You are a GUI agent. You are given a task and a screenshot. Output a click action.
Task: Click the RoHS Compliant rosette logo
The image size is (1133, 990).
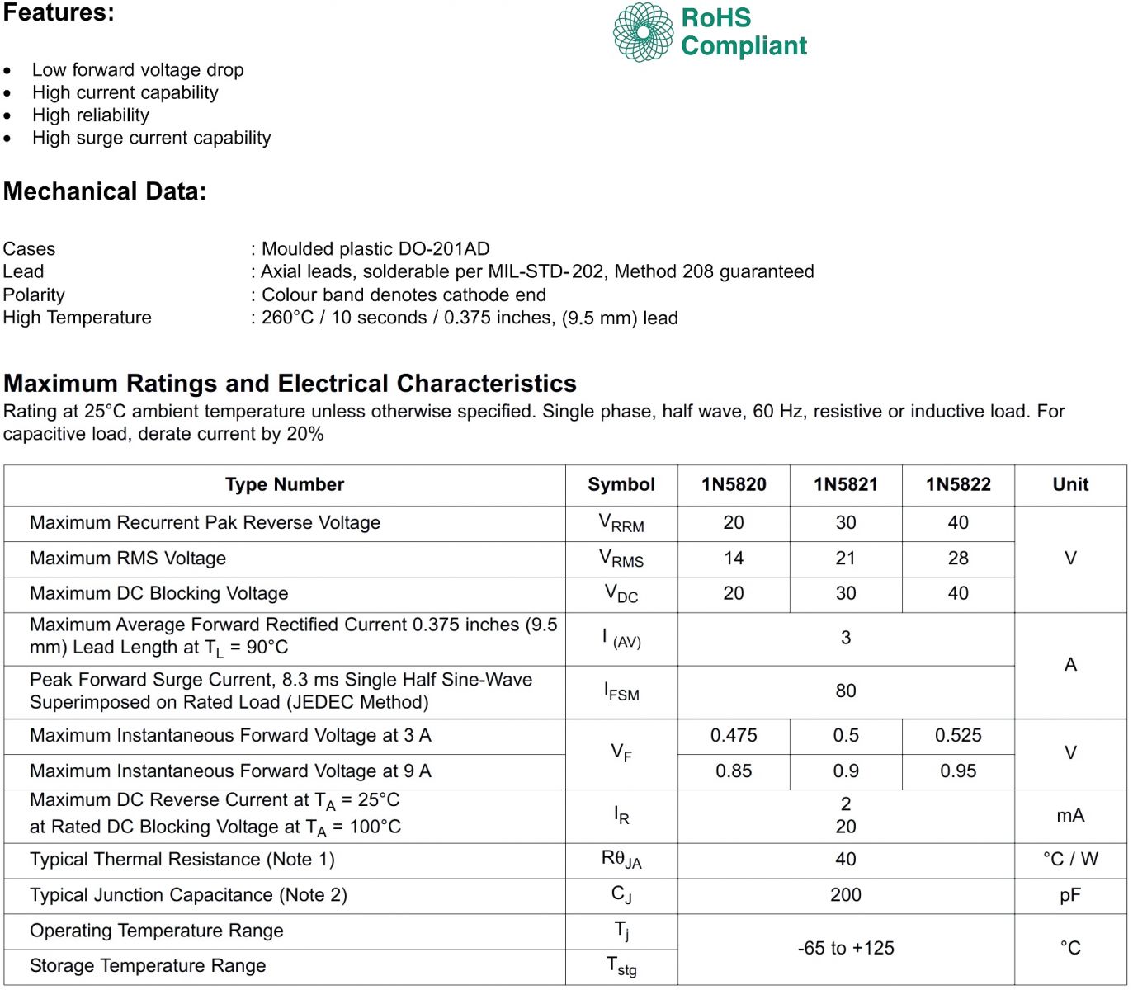[x=643, y=32]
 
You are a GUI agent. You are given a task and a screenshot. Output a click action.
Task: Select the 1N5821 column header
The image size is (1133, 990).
[x=846, y=484]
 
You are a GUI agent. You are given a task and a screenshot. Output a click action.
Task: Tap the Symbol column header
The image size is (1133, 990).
[x=621, y=484]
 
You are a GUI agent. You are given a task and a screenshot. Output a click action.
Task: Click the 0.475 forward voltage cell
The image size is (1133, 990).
[x=734, y=735]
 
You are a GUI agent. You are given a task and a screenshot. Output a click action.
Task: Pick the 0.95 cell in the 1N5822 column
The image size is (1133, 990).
[x=958, y=771]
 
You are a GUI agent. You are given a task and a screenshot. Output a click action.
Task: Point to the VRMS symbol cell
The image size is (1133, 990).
[x=621, y=559]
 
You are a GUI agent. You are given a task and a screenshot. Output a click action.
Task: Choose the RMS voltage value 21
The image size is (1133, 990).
[x=846, y=558]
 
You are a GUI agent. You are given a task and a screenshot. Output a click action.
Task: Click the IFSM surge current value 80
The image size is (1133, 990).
[x=846, y=691]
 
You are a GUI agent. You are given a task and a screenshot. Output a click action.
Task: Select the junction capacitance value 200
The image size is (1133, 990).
[x=846, y=894]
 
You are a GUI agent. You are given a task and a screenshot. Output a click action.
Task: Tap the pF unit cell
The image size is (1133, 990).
[x=1070, y=894]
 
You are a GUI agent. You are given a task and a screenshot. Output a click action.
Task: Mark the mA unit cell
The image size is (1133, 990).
[x=1070, y=815]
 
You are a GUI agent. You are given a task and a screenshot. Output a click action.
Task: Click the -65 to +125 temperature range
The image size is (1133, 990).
[x=846, y=948]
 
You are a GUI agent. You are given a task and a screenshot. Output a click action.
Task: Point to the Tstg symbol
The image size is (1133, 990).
[x=621, y=965]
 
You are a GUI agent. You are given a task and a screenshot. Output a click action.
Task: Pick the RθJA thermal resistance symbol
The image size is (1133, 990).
[x=621, y=860]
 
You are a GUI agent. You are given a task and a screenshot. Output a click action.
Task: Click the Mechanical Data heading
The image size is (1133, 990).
[x=105, y=191]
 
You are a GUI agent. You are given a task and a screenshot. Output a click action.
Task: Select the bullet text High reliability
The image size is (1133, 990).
[x=91, y=115]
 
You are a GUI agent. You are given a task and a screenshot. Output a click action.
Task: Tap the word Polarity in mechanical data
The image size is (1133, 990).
[x=34, y=295]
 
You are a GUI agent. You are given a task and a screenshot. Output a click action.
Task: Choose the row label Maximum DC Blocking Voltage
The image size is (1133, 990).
[x=159, y=593]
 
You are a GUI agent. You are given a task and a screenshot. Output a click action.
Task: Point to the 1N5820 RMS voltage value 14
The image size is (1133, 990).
[x=734, y=558]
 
